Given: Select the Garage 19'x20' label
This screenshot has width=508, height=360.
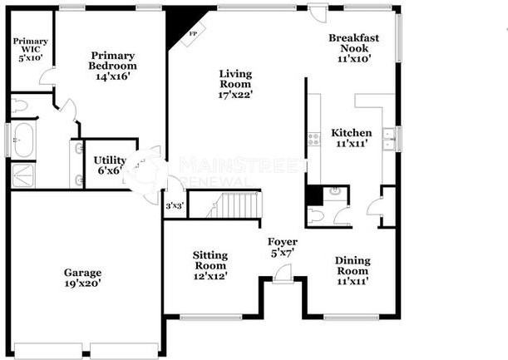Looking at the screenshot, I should coord(83,278).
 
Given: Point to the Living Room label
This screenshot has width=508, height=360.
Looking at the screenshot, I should coord(235,84).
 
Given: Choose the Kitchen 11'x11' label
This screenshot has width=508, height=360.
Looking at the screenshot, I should coord(351,139).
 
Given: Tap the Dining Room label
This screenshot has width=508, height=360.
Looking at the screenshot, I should coord(353,271).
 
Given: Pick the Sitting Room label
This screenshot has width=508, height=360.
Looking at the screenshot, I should coord(210,265).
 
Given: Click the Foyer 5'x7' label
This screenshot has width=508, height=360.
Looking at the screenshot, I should coord(281,247).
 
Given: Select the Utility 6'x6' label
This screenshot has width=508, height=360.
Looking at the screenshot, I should coord(108,165).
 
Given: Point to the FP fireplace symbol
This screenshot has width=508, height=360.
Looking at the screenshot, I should coord(193,36).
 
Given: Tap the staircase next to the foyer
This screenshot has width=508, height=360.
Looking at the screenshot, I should coord(236,205).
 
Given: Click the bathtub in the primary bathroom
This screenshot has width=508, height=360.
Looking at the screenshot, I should coord(22,141).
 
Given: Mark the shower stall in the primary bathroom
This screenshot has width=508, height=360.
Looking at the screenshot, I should coord(22,175).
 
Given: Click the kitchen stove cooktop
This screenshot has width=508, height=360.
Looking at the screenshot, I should coord(313,139).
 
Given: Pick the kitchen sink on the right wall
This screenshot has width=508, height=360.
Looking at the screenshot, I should coord(387,139).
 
